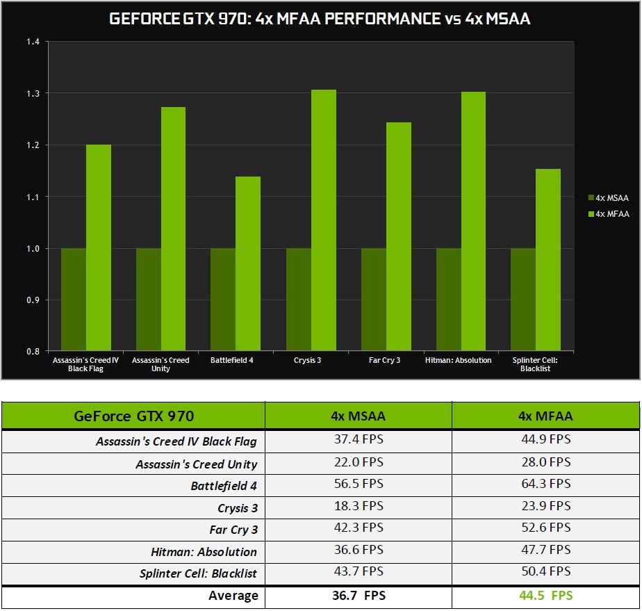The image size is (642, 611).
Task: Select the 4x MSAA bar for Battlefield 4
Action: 223,299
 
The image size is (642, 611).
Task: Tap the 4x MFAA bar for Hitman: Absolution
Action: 473,221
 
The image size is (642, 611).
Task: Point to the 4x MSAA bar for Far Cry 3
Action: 373,299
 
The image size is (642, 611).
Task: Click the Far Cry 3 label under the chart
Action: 384,360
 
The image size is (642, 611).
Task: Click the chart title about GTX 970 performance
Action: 320,19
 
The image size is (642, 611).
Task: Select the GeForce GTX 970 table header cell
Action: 133,416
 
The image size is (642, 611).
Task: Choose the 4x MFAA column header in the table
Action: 545,416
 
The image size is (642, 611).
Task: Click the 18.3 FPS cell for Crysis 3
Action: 359,505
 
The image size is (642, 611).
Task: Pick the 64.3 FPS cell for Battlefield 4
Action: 545,484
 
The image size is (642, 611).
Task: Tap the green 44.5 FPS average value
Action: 545,595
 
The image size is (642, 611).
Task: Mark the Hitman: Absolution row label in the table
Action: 204,552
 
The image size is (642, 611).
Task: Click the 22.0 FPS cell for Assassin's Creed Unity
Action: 359,462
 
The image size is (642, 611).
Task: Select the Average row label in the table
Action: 233,596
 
